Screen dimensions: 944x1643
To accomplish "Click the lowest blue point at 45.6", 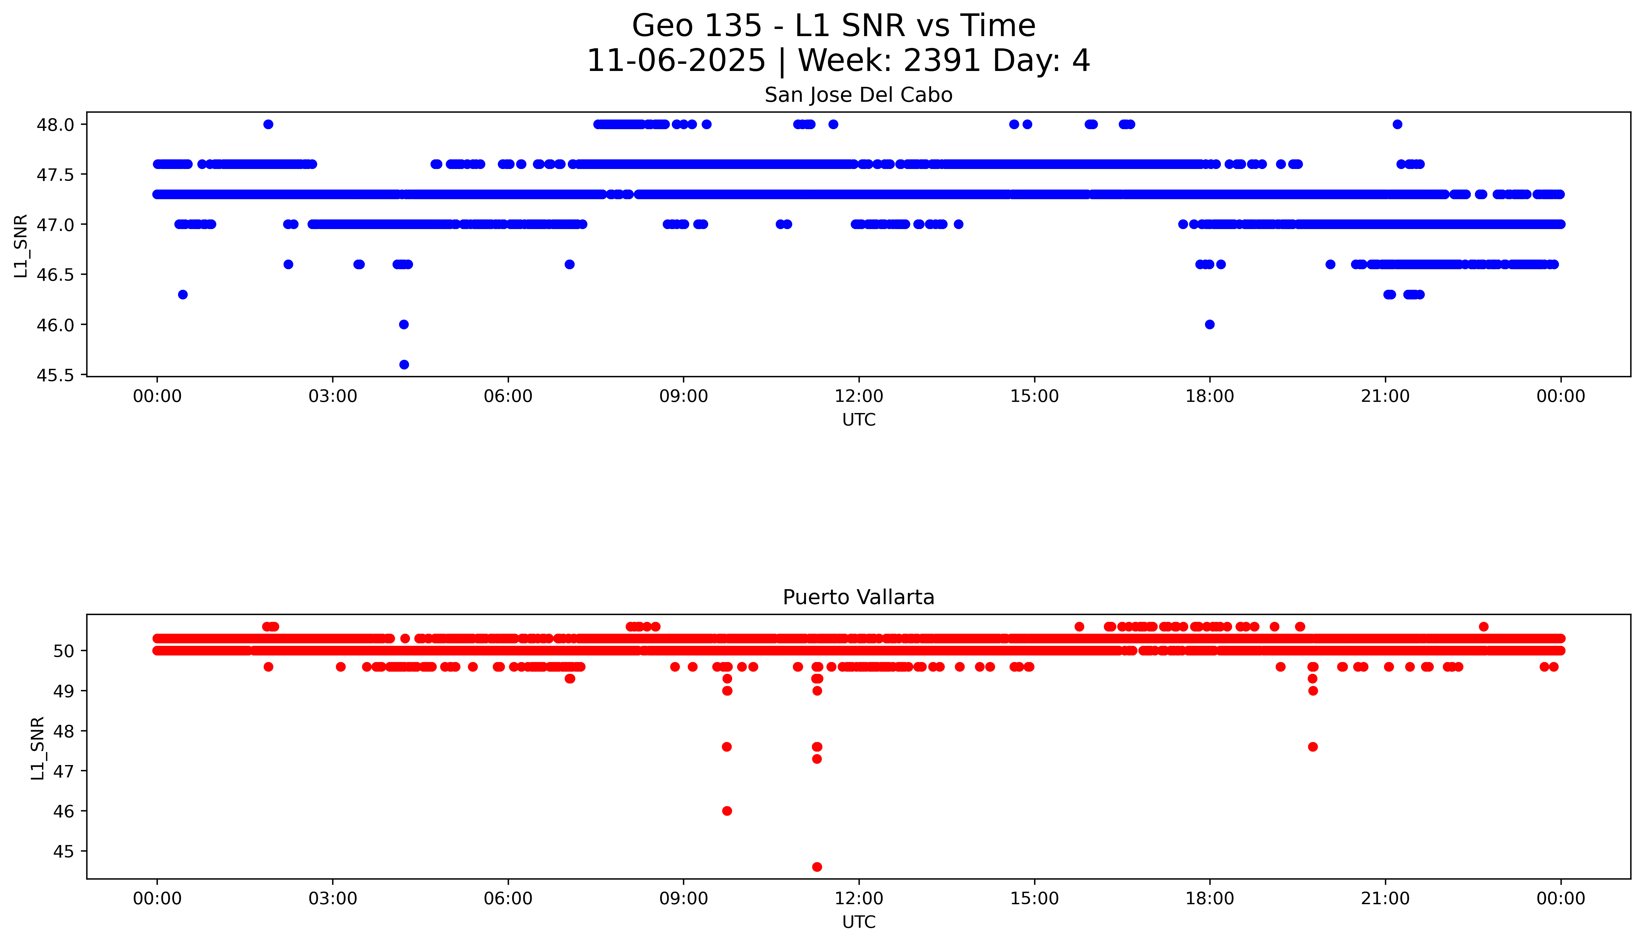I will click(404, 364).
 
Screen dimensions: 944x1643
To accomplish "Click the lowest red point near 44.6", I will click(817, 867).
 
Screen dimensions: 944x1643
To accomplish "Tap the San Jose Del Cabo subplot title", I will click(859, 95).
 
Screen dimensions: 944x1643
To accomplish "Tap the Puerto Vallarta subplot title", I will click(859, 597).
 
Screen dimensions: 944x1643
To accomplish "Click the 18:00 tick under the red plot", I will click(1209, 899).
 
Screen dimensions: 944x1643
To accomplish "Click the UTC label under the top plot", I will click(859, 420).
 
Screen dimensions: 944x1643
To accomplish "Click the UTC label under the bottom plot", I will click(859, 922).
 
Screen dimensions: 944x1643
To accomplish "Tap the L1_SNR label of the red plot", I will click(38, 748).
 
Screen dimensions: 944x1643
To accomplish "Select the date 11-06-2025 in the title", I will click(676, 61).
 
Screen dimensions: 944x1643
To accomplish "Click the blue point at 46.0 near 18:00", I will click(1209, 324).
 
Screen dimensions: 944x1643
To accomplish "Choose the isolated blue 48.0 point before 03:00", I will click(268, 124).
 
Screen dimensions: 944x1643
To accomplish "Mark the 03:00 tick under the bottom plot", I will click(333, 899).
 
